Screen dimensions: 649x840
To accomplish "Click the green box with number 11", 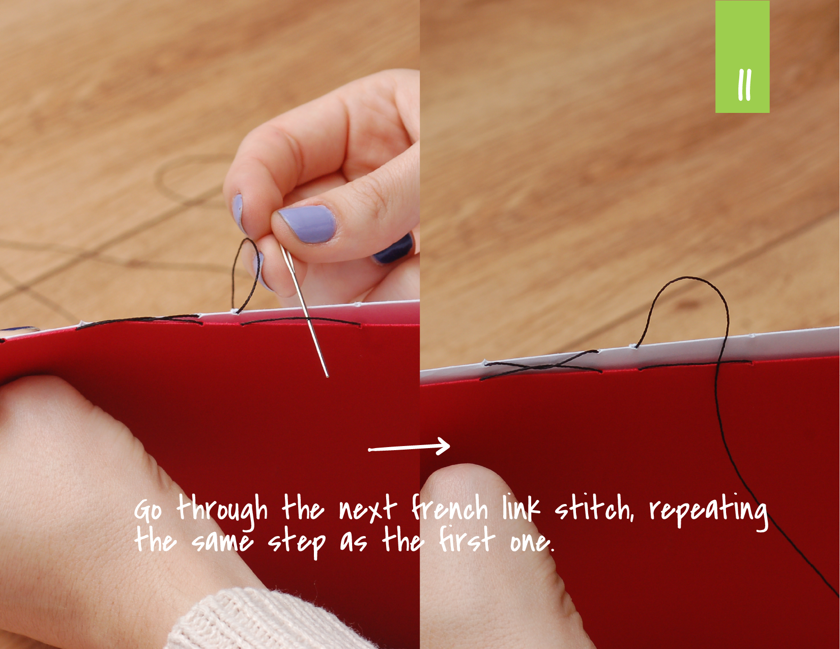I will (742, 57).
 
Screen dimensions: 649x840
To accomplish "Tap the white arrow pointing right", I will (410, 448).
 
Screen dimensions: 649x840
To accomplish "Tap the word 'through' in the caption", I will (222, 510).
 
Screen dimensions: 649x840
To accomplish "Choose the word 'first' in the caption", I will (467, 540).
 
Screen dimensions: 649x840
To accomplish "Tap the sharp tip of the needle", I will (327, 376).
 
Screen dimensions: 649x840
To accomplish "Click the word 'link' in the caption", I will (521, 509).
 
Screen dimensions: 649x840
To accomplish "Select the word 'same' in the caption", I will (222, 542).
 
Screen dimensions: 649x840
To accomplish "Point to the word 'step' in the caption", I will (296, 543).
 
